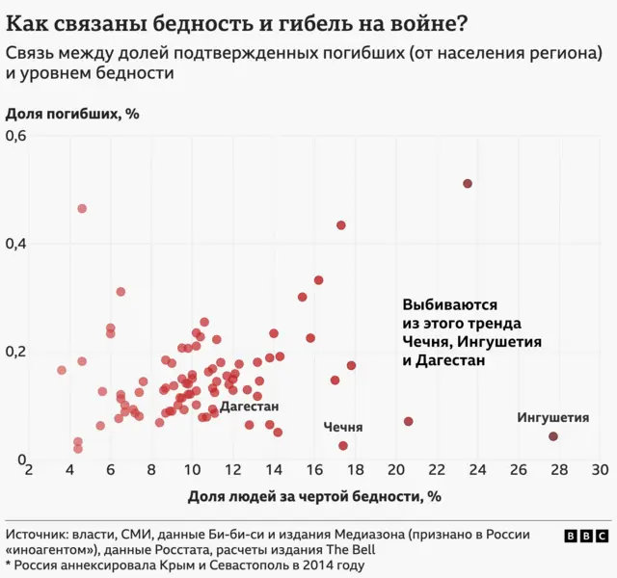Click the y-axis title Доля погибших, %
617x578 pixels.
pyautogui.click(x=73, y=114)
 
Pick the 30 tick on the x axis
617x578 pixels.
pyautogui.click(x=599, y=470)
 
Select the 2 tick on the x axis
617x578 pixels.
pyautogui.click(x=29, y=470)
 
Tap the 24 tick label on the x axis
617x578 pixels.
pyautogui.click(x=476, y=470)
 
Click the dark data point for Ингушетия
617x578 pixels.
pyautogui.click(x=553, y=436)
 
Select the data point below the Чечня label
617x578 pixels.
pyautogui.click(x=343, y=446)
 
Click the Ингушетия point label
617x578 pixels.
pyautogui.click(x=552, y=418)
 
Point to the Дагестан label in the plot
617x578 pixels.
pyautogui.click(x=249, y=407)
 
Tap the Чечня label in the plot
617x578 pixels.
pyautogui.click(x=343, y=427)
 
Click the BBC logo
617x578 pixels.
pyautogui.click(x=585, y=537)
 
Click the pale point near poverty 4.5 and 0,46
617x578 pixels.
pyautogui.click(x=82, y=209)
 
